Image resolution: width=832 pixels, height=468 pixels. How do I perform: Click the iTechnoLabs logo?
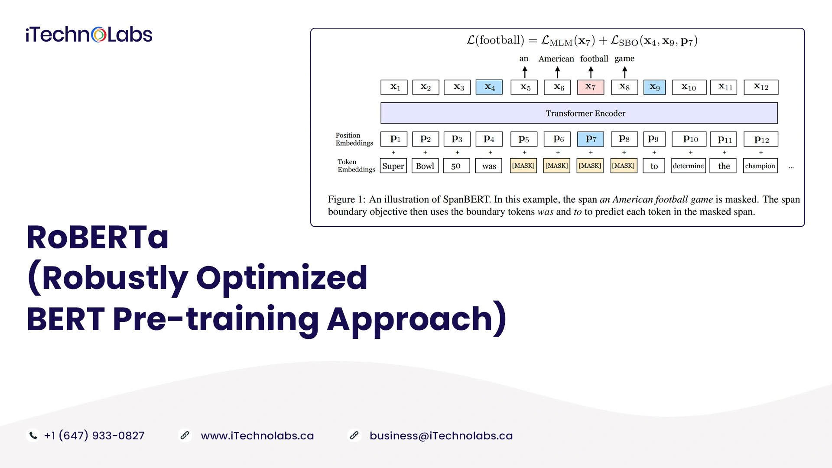[89, 35]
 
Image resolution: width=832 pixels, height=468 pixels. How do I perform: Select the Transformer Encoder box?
[579, 113]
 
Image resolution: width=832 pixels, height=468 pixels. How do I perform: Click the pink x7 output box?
[590, 87]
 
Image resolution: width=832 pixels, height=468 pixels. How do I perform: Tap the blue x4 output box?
[489, 87]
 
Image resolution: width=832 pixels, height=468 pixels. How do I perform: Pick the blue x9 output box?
[654, 87]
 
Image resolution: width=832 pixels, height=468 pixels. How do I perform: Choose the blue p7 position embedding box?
[590, 139]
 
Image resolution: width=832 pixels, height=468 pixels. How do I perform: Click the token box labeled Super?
[393, 166]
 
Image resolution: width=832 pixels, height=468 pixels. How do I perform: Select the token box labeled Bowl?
[425, 166]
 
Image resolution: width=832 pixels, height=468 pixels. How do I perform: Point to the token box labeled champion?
[760, 166]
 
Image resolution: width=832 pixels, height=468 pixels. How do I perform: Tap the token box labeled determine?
[689, 166]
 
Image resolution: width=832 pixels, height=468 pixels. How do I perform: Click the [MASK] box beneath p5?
[523, 166]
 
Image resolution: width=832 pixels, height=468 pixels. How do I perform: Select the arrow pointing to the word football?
[591, 72]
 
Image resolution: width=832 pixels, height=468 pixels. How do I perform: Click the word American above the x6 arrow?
[556, 58]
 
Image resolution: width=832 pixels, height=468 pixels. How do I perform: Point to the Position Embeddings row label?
[354, 139]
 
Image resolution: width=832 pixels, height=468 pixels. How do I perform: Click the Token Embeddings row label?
[356, 166]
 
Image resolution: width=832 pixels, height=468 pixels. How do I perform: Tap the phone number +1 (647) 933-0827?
[94, 435]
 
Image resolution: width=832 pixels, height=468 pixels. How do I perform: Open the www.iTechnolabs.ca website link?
[257, 436]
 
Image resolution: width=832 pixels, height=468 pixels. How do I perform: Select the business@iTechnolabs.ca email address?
[441, 436]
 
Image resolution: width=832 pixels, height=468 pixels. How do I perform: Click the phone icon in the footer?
[33, 435]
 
